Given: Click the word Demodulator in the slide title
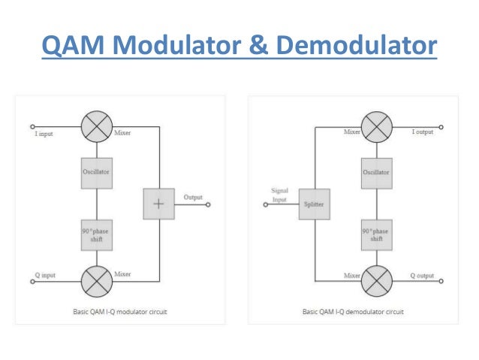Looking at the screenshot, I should [357, 46].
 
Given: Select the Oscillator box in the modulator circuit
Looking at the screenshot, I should [96, 173].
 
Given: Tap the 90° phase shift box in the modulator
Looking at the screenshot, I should [96, 234].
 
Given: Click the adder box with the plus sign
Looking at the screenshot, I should [158, 204].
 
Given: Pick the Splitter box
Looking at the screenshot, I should [314, 204].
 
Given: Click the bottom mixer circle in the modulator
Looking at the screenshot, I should [96, 283].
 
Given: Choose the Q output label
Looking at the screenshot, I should [422, 275].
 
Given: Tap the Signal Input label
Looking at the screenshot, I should [280, 195].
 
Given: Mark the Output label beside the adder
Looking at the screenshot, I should [193, 197].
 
